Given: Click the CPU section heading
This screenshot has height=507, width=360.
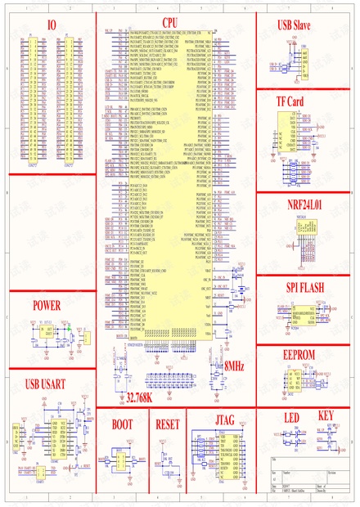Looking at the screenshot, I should click(x=169, y=24).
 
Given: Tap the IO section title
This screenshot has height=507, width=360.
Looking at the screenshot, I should click(x=52, y=25).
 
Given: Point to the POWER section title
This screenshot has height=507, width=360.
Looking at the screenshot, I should click(x=47, y=282).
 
